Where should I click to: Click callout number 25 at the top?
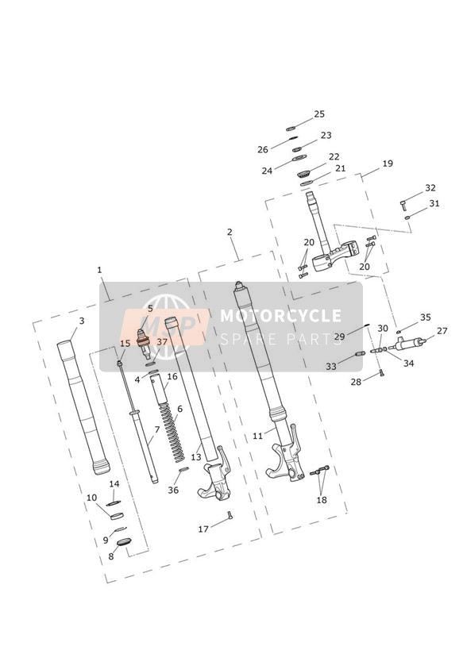[x=319, y=113]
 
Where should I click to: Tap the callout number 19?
[x=388, y=163]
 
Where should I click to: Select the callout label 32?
[x=430, y=187]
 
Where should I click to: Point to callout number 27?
[x=442, y=331]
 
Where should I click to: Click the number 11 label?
[x=257, y=436]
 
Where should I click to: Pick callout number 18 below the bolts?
[x=322, y=500]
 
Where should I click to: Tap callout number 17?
[x=203, y=529]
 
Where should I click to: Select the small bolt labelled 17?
[x=230, y=516]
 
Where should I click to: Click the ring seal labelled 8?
[x=124, y=542]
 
